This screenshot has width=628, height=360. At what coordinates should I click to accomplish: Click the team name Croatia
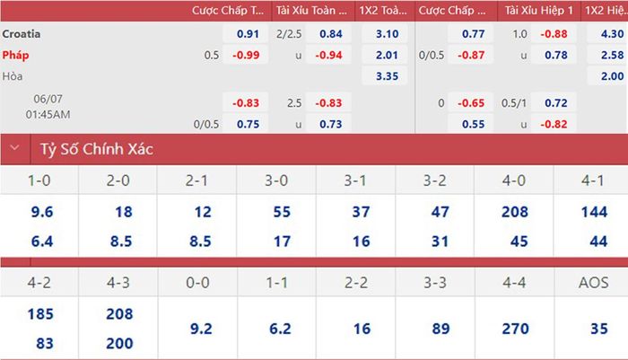click(x=22, y=34)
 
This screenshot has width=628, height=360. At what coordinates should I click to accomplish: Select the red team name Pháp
click(x=15, y=55)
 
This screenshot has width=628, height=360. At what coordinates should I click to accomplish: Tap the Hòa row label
click(x=13, y=76)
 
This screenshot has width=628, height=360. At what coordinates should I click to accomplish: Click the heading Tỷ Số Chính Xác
click(x=97, y=149)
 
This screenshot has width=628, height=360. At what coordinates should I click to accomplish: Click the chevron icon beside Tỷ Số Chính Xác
click(x=15, y=147)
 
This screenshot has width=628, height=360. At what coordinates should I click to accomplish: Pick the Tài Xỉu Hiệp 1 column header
click(x=538, y=11)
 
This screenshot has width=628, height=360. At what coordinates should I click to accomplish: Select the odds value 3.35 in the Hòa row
click(x=387, y=76)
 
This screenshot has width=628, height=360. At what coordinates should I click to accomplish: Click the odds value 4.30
click(x=612, y=34)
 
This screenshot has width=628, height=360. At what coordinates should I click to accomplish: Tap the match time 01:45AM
click(x=48, y=115)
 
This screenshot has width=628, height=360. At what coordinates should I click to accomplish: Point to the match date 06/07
click(x=48, y=99)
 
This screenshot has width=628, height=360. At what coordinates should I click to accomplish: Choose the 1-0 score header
click(x=39, y=180)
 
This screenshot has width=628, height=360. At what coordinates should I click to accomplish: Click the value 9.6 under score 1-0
click(x=42, y=212)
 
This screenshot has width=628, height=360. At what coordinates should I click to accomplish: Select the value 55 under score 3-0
click(x=282, y=212)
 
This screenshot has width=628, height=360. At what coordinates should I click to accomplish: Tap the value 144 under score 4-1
click(x=594, y=212)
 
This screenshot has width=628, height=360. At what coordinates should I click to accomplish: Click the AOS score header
click(x=594, y=283)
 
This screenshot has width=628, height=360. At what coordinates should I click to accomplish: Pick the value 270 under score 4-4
click(x=516, y=329)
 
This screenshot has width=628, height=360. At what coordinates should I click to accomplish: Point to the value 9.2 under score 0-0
click(x=201, y=329)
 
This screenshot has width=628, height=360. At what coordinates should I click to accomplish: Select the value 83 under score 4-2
click(x=45, y=344)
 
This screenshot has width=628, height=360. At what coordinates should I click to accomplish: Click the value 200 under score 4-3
click(x=119, y=344)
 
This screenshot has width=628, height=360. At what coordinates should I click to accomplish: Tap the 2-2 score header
click(x=356, y=283)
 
